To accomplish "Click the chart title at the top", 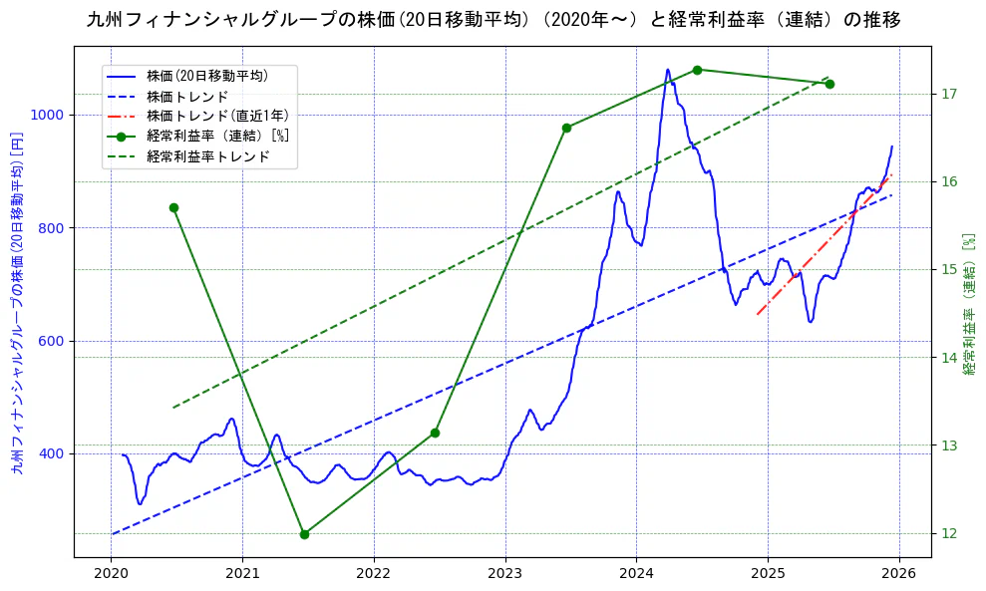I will (x=493, y=20).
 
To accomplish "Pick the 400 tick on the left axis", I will (x=51, y=453).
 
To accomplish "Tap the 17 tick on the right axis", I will (x=949, y=94).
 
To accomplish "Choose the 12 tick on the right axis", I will (x=949, y=533).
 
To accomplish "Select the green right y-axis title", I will (x=968, y=304).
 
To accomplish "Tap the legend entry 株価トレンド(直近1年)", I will (x=217, y=116).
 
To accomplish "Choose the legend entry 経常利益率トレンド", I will (x=207, y=156).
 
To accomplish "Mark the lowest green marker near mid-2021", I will (x=304, y=534).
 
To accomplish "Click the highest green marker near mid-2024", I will (x=697, y=70).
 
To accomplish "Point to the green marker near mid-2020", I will (x=173, y=207).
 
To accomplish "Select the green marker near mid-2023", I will (x=566, y=128).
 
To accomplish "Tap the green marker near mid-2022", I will (x=435, y=433).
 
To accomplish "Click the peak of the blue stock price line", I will (x=667, y=70).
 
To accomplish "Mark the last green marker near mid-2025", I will (x=829, y=84).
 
